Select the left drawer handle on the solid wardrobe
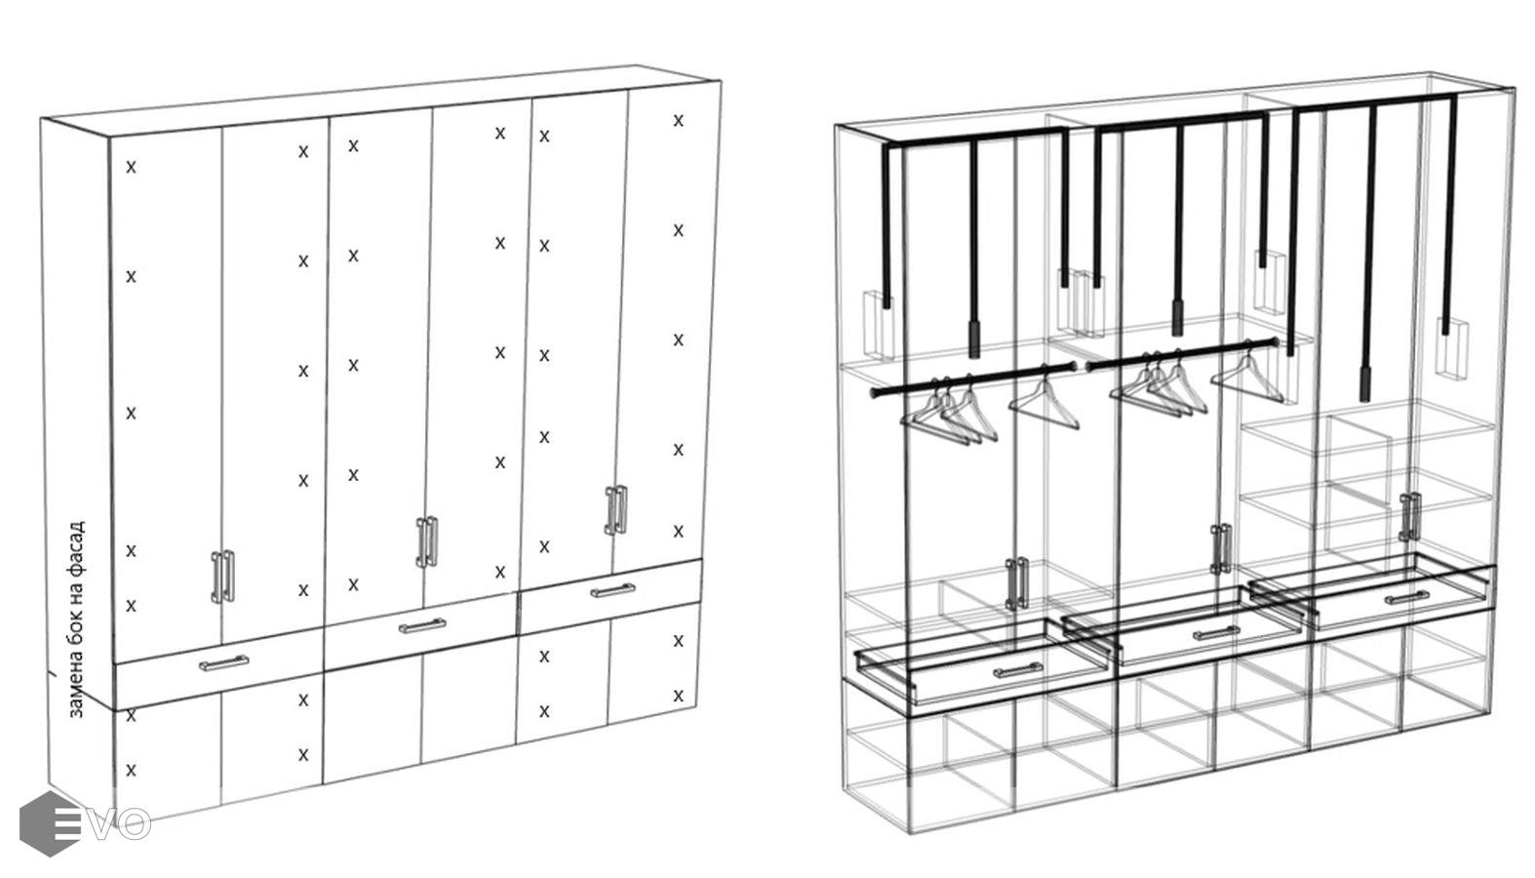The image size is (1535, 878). click(223, 663)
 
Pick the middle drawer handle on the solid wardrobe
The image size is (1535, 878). click(421, 625)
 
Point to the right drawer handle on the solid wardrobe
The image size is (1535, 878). click(612, 590)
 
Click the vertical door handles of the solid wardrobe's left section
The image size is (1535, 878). click(223, 576)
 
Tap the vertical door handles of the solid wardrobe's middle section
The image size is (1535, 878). click(427, 541)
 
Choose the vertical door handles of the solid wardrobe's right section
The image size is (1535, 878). click(615, 509)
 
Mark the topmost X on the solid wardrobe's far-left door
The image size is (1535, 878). click(131, 167)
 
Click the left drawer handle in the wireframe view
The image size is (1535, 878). click(1018, 671)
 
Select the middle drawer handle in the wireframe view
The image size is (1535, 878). click(1216, 633)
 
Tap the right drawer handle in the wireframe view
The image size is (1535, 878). click(1406, 597)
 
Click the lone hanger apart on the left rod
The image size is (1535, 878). click(1045, 401)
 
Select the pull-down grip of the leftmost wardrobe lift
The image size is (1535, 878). click(973, 339)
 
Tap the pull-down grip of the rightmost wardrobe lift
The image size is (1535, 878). click(1365, 383)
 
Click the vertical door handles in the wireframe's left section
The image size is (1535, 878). click(1016, 582)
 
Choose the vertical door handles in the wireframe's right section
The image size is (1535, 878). click(1409, 517)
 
